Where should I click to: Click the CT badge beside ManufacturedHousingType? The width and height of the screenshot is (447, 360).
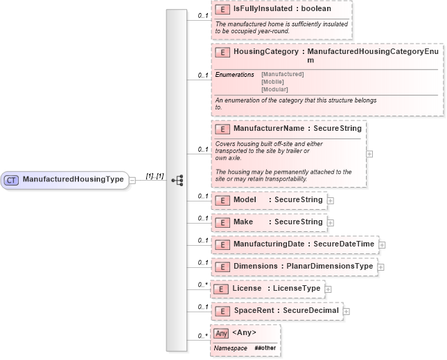pos(12,180)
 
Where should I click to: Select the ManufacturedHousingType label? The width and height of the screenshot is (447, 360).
pos(73,180)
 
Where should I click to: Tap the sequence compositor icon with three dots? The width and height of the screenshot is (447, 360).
pos(177,180)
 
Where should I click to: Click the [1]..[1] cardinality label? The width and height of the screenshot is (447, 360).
pos(155,177)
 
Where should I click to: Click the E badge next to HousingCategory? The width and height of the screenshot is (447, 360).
pos(222,52)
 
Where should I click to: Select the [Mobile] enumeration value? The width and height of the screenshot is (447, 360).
pos(272,82)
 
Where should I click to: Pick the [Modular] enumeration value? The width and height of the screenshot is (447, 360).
pos(274,89)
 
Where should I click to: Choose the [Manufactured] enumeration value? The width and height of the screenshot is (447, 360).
pos(282,74)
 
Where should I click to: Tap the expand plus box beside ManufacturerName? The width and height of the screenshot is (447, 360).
pos(369,154)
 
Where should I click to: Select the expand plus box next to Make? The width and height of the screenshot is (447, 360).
pos(331,223)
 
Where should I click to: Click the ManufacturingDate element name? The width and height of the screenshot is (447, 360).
pos(270,244)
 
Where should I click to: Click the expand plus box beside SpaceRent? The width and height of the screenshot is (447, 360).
pos(347,312)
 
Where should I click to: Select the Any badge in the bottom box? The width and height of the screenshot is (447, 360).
pos(221,333)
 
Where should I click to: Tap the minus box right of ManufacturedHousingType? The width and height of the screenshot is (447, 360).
pos(132,180)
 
